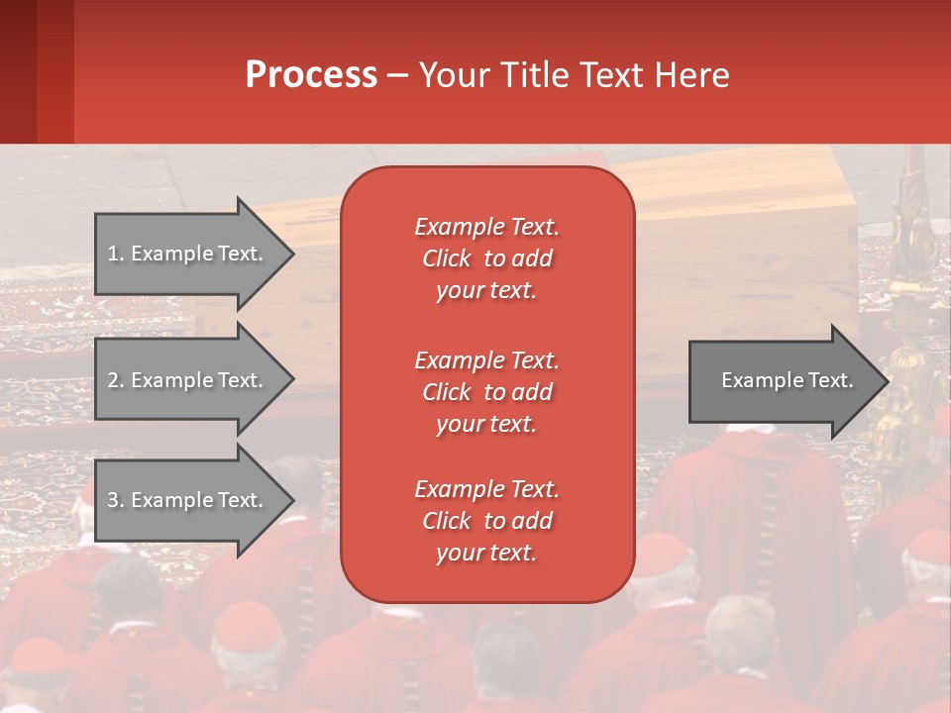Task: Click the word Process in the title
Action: tap(312, 75)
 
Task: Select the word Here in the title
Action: tap(691, 75)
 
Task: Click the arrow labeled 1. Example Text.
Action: tap(195, 255)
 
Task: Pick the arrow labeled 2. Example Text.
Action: tap(195, 379)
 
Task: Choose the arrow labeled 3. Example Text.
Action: tap(195, 500)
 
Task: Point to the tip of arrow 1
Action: tap(295, 255)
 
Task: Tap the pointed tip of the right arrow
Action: tap(890, 382)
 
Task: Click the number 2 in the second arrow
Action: tap(113, 380)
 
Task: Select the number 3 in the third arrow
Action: tap(113, 500)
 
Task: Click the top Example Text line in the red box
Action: tap(487, 227)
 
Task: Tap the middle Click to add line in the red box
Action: tap(487, 392)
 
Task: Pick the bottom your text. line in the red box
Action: tap(486, 553)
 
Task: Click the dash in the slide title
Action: tap(398, 77)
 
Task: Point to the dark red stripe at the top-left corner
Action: tap(18, 71)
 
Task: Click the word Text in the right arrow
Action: tap(831, 380)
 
